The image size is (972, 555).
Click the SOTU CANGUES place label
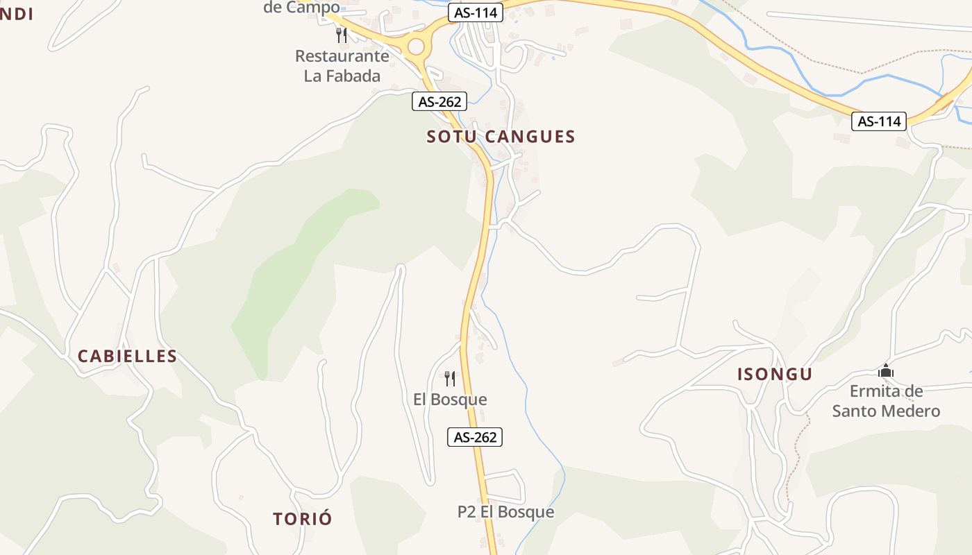pyautogui.click(x=501, y=137)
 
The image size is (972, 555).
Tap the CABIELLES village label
pyautogui.click(x=127, y=357)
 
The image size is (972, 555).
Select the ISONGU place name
pyautogui.click(x=774, y=375)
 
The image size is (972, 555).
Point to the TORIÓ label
pyautogui.click(x=303, y=519)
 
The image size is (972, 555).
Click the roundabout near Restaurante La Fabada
pyautogui.click(x=415, y=46)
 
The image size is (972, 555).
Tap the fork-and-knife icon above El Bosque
pyautogui.click(x=450, y=378)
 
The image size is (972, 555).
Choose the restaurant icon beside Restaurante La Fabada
pyautogui.click(x=341, y=35)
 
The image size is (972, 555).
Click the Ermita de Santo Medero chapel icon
pyautogui.click(x=886, y=371)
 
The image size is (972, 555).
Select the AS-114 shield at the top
pyautogui.click(x=475, y=13)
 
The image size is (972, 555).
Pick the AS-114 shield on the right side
pyautogui.click(x=879, y=121)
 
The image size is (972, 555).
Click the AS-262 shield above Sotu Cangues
pyautogui.click(x=439, y=101)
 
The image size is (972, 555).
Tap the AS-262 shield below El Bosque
pyautogui.click(x=475, y=437)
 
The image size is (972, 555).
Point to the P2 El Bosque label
pyautogui.click(x=505, y=512)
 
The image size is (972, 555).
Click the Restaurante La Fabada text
pyautogui.click(x=342, y=66)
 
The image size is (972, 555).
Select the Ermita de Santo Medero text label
pyautogui.click(x=886, y=401)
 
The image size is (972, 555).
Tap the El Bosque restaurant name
pyautogui.click(x=450, y=400)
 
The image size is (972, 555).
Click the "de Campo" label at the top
pyautogui.click(x=301, y=8)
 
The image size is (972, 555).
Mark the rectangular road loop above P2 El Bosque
pyautogui.click(x=504, y=486)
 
